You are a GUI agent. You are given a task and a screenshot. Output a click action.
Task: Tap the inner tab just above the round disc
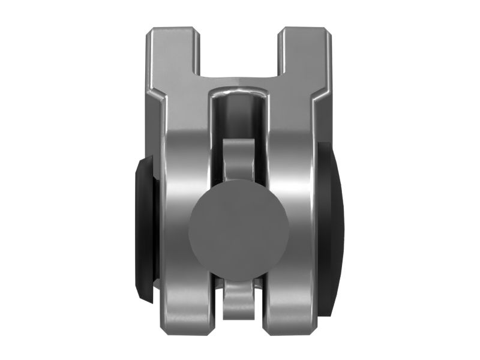240,159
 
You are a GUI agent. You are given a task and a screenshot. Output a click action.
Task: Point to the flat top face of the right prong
304,29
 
